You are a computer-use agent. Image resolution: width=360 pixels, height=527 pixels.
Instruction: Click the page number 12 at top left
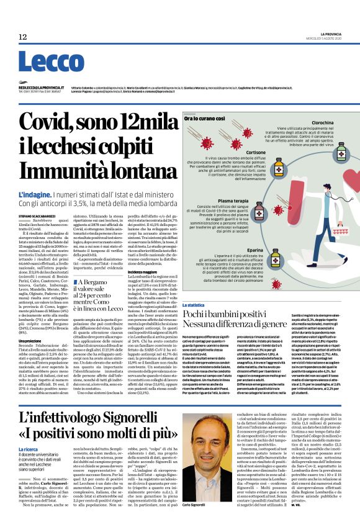coord(23,37)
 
